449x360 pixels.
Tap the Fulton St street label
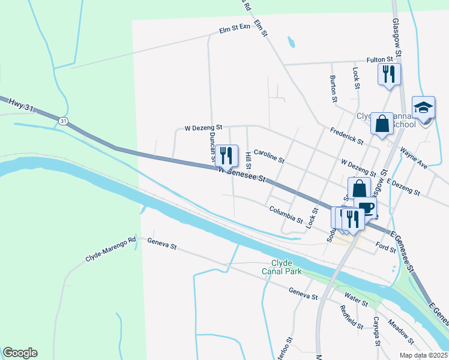tap(381, 59)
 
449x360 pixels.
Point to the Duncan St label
tap(212, 146)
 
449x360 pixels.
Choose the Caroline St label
tap(268, 157)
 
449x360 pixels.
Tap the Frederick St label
tap(347, 136)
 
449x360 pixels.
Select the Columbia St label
tap(286, 214)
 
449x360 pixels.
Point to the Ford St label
tap(385, 247)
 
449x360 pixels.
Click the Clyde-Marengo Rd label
tap(112, 248)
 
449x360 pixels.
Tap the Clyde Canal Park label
tap(282, 267)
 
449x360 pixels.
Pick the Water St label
tap(356, 298)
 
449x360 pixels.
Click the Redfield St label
tap(351, 317)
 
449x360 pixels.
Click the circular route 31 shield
tap(63, 121)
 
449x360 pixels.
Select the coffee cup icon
tap(365, 209)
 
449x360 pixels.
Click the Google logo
tap(20, 353)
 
